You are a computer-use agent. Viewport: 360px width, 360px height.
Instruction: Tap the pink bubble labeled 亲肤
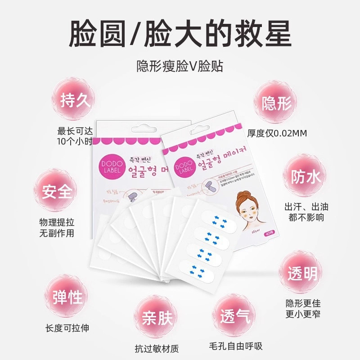coord(157,318)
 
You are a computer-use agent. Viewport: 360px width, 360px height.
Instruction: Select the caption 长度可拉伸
coord(67,328)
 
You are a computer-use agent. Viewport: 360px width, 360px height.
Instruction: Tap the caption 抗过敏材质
coord(157,348)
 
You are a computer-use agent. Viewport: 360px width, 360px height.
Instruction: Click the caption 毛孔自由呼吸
coord(235,346)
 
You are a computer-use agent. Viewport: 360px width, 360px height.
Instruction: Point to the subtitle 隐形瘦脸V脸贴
coord(180,67)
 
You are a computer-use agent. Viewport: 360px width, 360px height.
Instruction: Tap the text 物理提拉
coord(56,223)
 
